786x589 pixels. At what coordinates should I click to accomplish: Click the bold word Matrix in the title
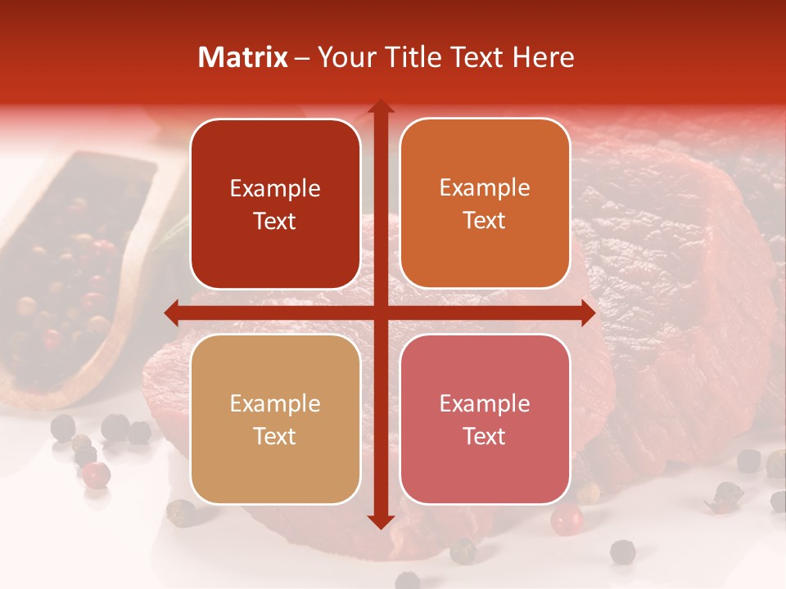pos(243,57)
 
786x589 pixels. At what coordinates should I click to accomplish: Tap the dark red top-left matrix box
pos(275,204)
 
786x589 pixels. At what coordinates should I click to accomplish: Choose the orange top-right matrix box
pos(485,204)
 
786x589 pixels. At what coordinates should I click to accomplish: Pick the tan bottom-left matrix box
pos(275,419)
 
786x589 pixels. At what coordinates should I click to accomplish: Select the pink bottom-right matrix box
pos(485,419)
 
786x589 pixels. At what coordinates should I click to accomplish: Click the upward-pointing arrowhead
pos(380,107)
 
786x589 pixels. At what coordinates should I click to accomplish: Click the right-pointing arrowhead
pos(587,312)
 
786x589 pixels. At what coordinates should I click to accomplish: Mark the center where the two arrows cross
pos(380,312)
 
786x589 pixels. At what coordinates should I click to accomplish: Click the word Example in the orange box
pos(485,188)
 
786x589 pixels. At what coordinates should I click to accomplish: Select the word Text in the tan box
pos(275,436)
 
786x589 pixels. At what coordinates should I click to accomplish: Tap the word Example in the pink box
pos(485,403)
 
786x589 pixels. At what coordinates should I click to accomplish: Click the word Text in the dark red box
pos(275,221)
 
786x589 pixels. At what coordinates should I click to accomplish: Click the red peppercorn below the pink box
pos(566,518)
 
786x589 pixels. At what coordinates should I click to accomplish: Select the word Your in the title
pos(343,57)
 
